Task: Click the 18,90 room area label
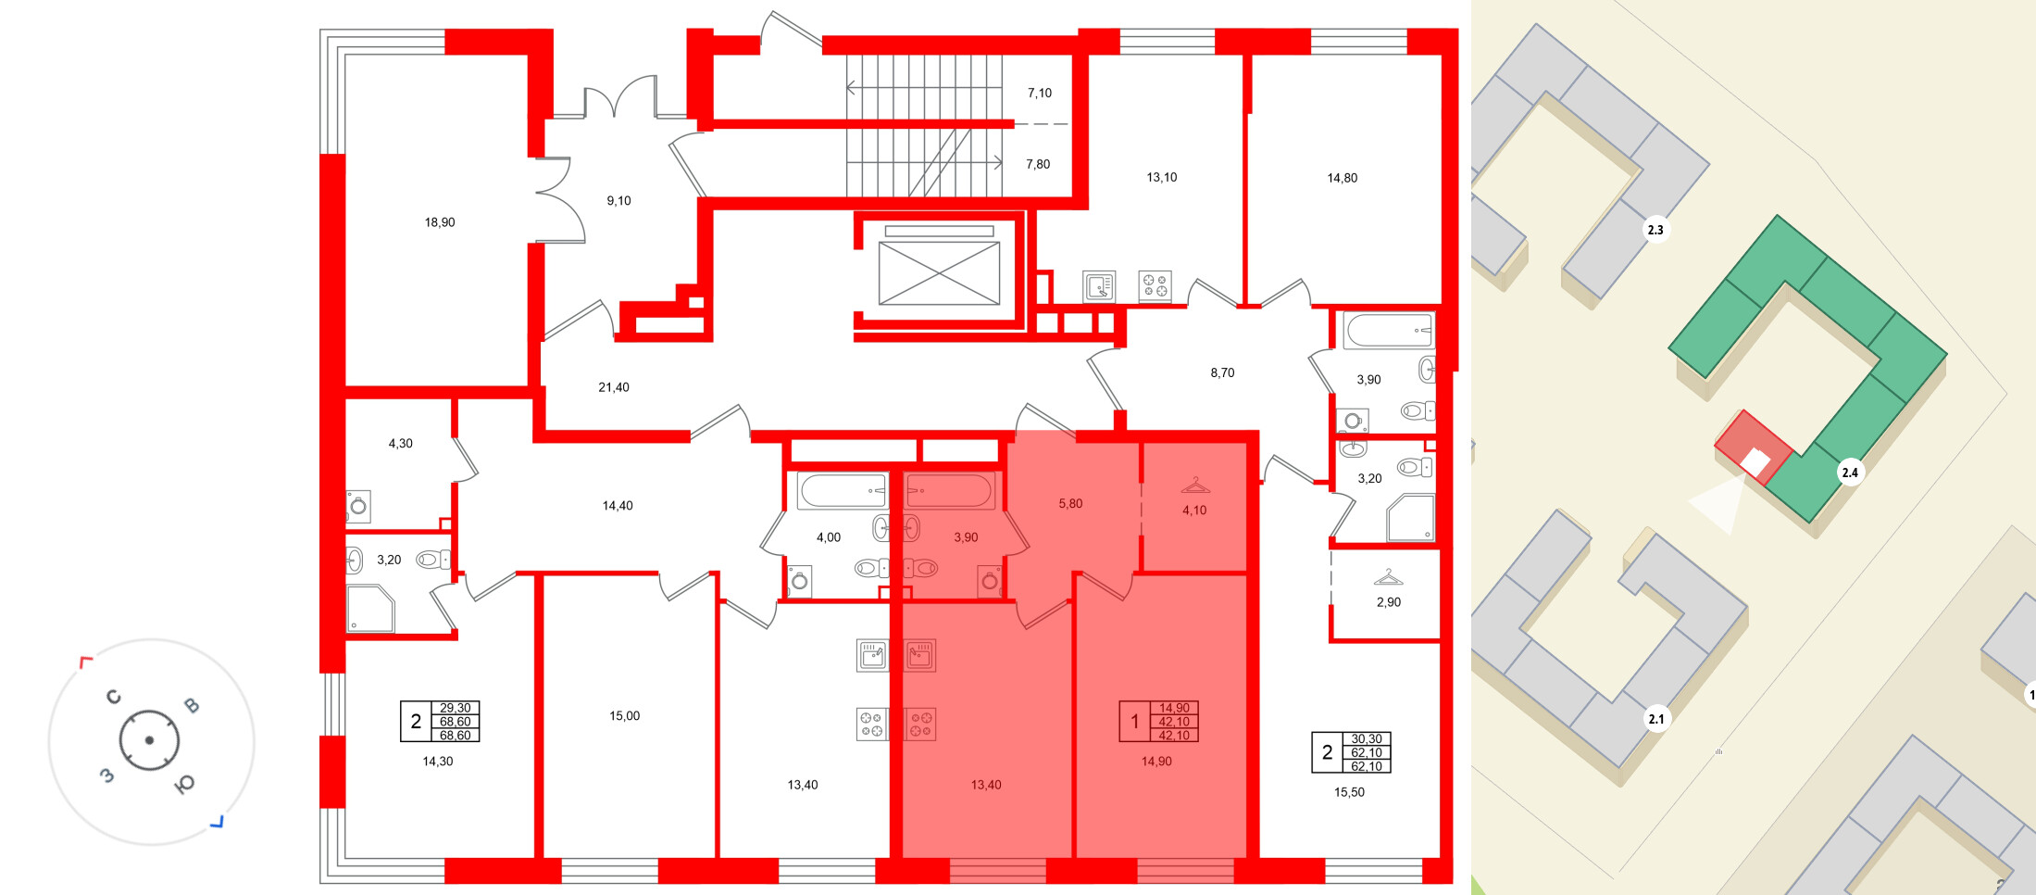click(440, 222)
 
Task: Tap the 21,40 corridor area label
click(614, 387)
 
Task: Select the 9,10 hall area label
click(618, 201)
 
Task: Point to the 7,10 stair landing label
click(1040, 94)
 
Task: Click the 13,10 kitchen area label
click(1162, 178)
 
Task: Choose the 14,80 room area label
click(1343, 178)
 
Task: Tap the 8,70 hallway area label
click(1222, 373)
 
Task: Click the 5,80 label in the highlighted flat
click(1070, 504)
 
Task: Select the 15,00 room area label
click(625, 716)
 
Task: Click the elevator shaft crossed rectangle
click(939, 273)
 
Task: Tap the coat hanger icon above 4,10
click(1195, 485)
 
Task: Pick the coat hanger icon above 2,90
click(1389, 578)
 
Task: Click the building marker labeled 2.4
click(1850, 473)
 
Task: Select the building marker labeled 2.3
click(1655, 230)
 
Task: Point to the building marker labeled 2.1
click(1656, 719)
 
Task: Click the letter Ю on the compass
click(184, 785)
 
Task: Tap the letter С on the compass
click(114, 697)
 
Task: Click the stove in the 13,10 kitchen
click(1155, 285)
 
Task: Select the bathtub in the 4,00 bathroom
click(843, 490)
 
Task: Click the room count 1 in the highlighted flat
click(1135, 722)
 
